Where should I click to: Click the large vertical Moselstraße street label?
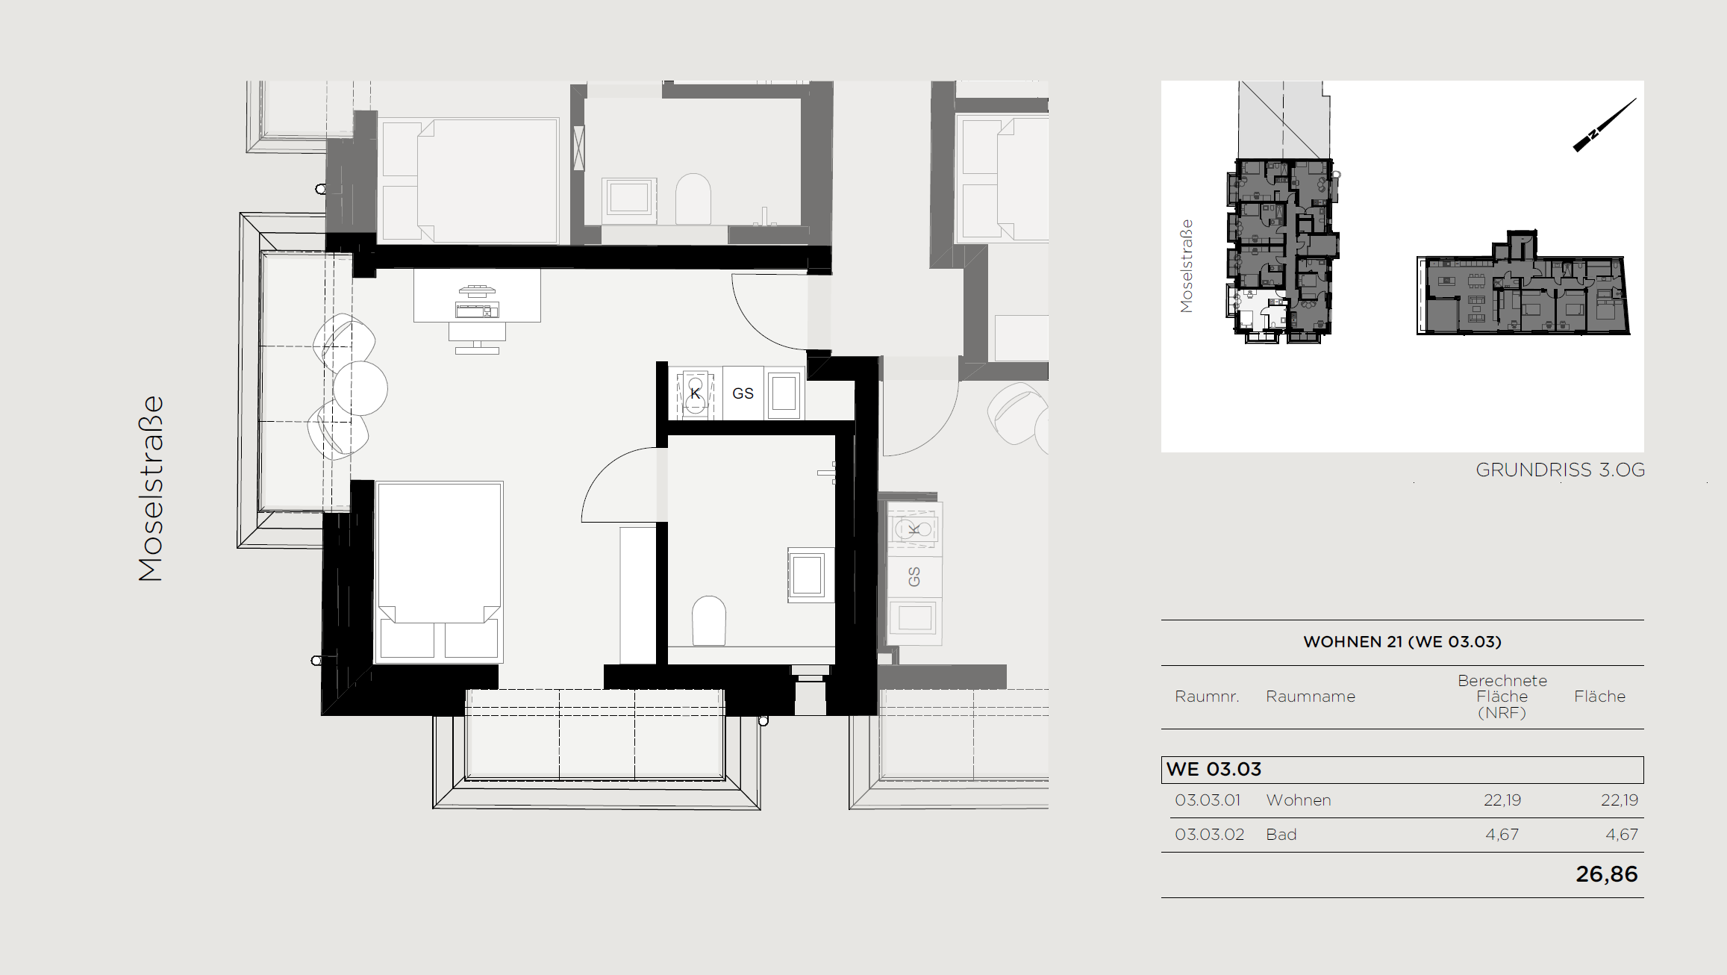(151, 489)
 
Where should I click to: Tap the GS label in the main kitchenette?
(743, 393)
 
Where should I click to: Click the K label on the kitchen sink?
(696, 393)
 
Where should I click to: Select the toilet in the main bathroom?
(709, 620)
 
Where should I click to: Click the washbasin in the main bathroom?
(807, 575)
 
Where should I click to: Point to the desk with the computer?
(478, 296)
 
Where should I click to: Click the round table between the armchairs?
(360, 388)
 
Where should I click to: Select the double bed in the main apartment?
(439, 573)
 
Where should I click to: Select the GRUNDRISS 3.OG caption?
(1560, 470)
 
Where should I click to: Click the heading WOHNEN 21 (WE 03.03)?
(1402, 642)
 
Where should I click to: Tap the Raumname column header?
(1311, 697)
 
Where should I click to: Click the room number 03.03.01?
(1208, 800)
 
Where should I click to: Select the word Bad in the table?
(1281, 835)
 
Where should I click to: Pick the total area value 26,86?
(1607, 874)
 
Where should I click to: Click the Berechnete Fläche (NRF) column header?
(1502, 697)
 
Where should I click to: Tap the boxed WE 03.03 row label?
(1214, 770)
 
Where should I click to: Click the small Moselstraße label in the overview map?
(1187, 266)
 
